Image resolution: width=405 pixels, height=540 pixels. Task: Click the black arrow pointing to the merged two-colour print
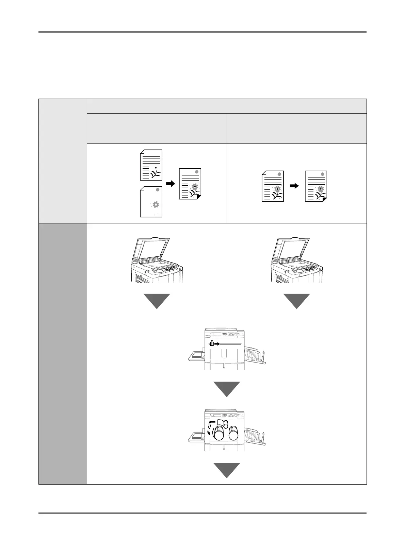[170, 184]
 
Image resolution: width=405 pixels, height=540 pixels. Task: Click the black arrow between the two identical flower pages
[294, 186]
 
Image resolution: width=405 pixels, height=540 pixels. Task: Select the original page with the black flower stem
[151, 165]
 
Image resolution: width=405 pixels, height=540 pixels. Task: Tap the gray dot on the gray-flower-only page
[157, 190]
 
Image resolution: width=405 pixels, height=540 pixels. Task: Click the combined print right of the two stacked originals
[190, 184]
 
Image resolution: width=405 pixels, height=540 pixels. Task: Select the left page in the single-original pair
[273, 186]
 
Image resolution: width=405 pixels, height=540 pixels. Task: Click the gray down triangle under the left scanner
[157, 301]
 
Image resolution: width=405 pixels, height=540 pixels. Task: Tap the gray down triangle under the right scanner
[297, 301]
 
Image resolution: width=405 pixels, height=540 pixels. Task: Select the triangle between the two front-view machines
[227, 389]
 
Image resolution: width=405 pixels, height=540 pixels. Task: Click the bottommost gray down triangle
[227, 470]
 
